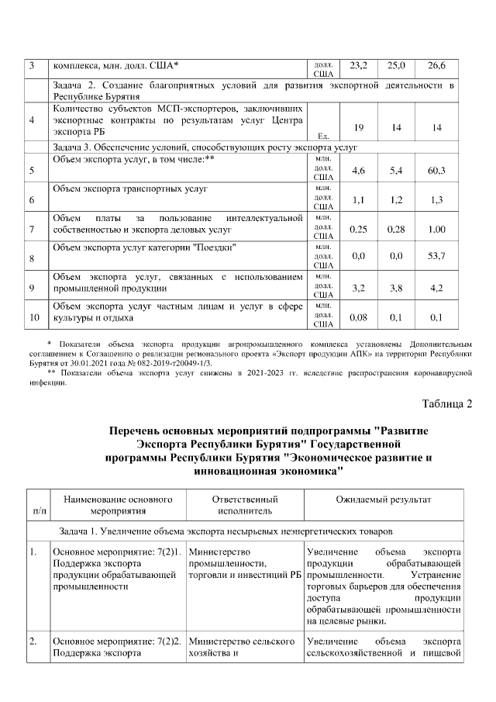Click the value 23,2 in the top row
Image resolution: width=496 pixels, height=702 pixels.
(359, 65)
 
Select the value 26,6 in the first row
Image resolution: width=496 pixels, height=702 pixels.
(437, 65)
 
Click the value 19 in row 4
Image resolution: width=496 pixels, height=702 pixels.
(359, 127)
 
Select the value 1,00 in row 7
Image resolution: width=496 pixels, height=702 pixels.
(437, 230)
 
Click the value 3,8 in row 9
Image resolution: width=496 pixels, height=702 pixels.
(397, 288)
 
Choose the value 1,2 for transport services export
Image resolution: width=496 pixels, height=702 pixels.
(397, 200)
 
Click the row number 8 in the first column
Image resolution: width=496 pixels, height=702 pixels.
(31, 258)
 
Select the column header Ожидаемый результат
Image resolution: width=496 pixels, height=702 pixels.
(384, 500)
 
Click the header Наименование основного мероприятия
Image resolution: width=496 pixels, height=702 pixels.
(118, 506)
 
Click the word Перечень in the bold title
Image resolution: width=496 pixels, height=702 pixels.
(139, 430)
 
